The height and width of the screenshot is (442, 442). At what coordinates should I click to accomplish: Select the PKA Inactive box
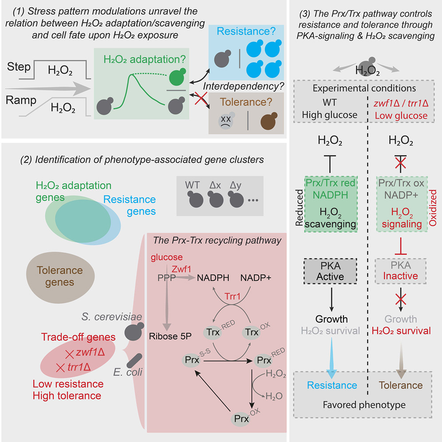click(x=401, y=270)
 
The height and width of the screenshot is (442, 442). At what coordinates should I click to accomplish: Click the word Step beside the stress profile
click(x=19, y=67)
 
